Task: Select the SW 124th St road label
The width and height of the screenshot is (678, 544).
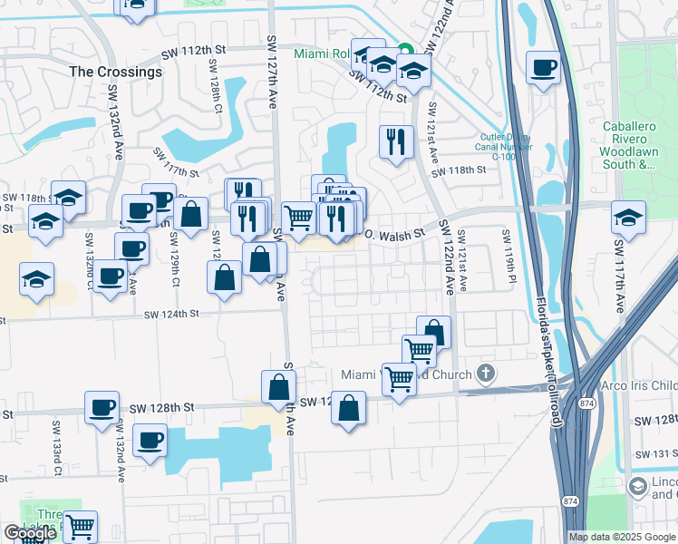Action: (x=172, y=314)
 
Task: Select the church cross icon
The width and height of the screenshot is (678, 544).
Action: (x=487, y=373)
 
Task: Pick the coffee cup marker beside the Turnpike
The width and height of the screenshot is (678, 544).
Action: (x=543, y=67)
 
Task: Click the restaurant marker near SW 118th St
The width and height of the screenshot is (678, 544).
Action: (x=396, y=141)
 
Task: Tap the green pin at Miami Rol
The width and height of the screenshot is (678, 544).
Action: (x=405, y=50)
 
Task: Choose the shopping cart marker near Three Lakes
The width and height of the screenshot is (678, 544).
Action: (x=80, y=525)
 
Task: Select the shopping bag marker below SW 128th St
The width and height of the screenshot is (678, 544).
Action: (x=349, y=409)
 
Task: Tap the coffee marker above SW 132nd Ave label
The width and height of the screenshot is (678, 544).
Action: (x=102, y=407)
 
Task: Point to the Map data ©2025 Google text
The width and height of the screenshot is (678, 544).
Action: (x=621, y=537)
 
